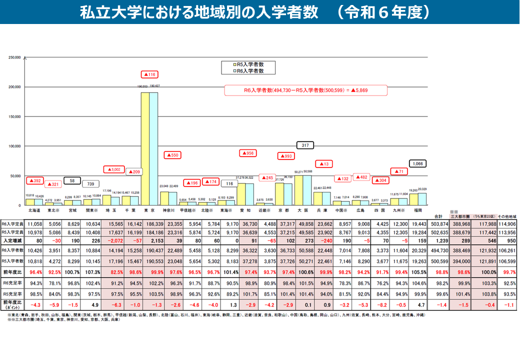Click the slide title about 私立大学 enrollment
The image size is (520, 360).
(255, 12)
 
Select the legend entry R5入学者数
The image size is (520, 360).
(250, 64)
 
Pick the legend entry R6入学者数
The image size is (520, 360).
(250, 71)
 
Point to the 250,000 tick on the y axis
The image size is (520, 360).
(14, 57)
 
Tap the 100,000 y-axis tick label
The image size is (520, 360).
(14, 146)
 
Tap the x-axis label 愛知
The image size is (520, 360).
(245, 210)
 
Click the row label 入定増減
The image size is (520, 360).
(12, 241)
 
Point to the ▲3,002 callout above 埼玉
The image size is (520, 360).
(113, 169)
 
